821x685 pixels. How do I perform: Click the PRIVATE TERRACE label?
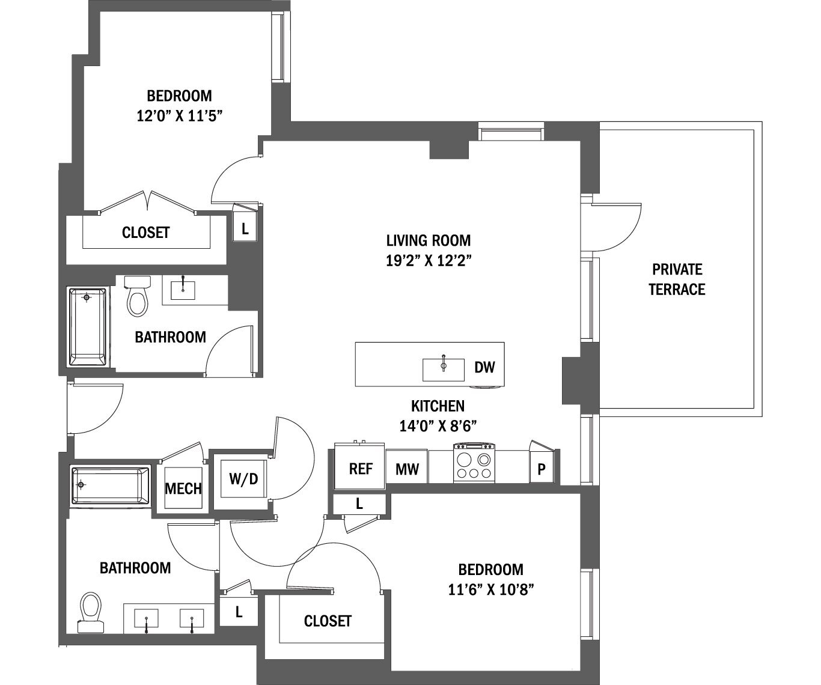click(677, 279)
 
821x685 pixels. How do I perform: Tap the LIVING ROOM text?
click(428, 240)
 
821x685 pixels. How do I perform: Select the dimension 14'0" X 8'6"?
click(438, 426)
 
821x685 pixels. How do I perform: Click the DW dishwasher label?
click(484, 367)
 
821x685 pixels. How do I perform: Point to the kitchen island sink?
click(444, 369)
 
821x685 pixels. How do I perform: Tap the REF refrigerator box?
click(361, 468)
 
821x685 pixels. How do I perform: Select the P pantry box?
click(542, 469)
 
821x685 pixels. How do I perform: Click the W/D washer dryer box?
click(243, 479)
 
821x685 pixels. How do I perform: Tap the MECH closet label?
click(183, 489)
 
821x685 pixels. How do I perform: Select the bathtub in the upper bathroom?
click(88, 327)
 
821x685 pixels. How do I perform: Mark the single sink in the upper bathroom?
click(183, 290)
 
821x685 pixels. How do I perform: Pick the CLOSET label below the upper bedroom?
click(146, 233)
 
